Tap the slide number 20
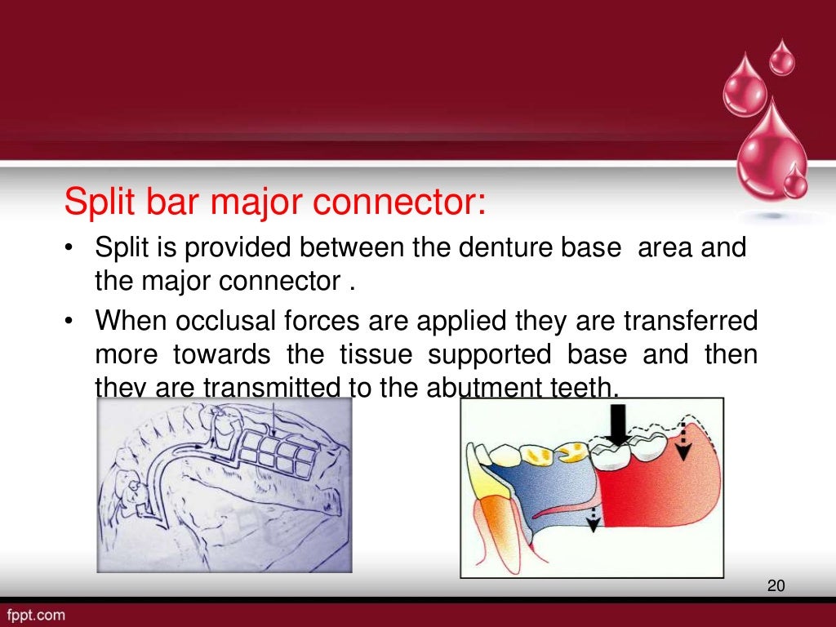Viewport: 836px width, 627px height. coord(776,585)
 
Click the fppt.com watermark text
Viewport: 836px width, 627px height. coord(37,615)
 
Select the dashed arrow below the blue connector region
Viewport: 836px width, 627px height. coord(594,515)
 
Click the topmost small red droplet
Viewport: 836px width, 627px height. coord(781,59)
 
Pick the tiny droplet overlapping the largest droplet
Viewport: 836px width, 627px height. coord(794,180)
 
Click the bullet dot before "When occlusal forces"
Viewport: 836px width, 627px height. coord(70,322)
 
